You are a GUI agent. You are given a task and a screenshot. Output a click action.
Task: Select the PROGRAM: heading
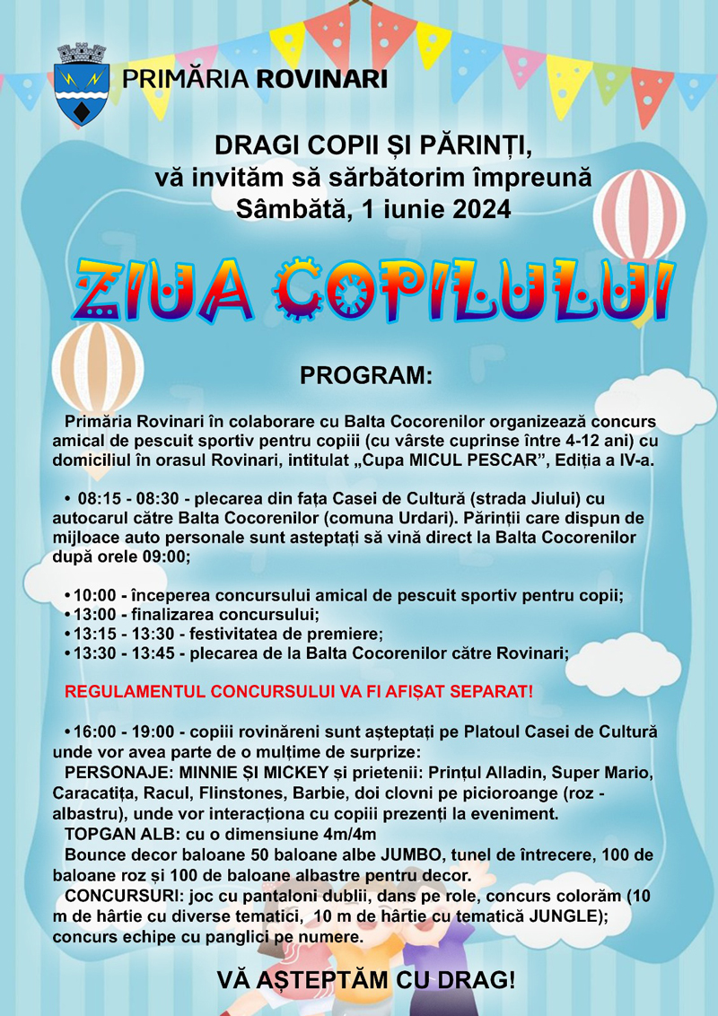[x=366, y=376]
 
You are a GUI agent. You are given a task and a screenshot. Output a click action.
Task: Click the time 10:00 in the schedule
[x=95, y=595]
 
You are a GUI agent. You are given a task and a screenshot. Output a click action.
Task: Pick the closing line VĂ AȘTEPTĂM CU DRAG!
[x=366, y=980]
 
